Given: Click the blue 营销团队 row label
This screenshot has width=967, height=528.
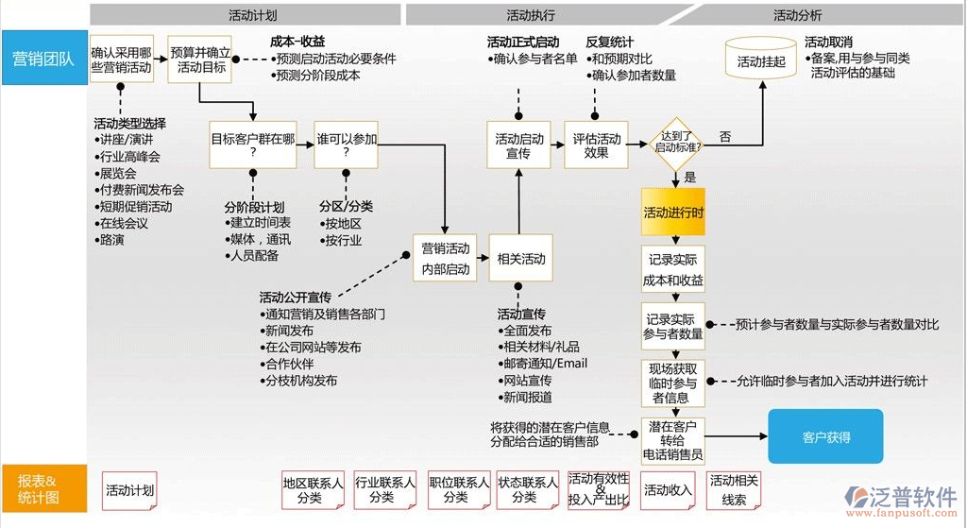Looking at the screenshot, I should click(x=43, y=59).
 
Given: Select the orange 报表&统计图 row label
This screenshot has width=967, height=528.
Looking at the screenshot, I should click(x=43, y=488).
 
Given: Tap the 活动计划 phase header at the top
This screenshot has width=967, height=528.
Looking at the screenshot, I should click(x=252, y=15).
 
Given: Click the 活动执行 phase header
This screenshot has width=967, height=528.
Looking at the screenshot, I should click(x=531, y=15).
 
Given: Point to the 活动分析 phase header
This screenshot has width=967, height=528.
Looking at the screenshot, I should click(x=797, y=15).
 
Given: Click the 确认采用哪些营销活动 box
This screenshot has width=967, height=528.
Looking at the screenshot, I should click(x=121, y=60).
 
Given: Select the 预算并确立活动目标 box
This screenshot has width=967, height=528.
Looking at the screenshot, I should click(x=201, y=60).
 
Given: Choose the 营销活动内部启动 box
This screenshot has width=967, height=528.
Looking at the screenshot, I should click(x=445, y=258).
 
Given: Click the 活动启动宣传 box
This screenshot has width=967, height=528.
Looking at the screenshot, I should click(x=519, y=145).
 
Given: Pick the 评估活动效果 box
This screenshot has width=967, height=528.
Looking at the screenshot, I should click(x=596, y=145).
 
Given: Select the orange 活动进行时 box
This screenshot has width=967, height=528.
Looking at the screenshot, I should click(x=673, y=213).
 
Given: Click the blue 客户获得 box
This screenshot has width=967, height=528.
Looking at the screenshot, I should click(x=825, y=436).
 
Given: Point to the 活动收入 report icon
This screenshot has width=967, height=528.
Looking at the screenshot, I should click(x=668, y=490).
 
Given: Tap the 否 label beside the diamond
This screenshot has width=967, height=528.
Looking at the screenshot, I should click(x=724, y=137).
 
